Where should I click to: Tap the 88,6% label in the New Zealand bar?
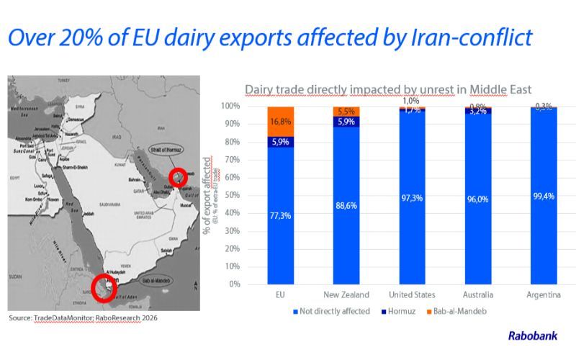point(346,205)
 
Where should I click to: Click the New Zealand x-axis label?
point(346,295)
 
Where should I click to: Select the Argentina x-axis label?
point(544,295)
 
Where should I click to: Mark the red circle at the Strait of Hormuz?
point(178,177)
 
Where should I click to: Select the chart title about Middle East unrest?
point(388,90)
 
